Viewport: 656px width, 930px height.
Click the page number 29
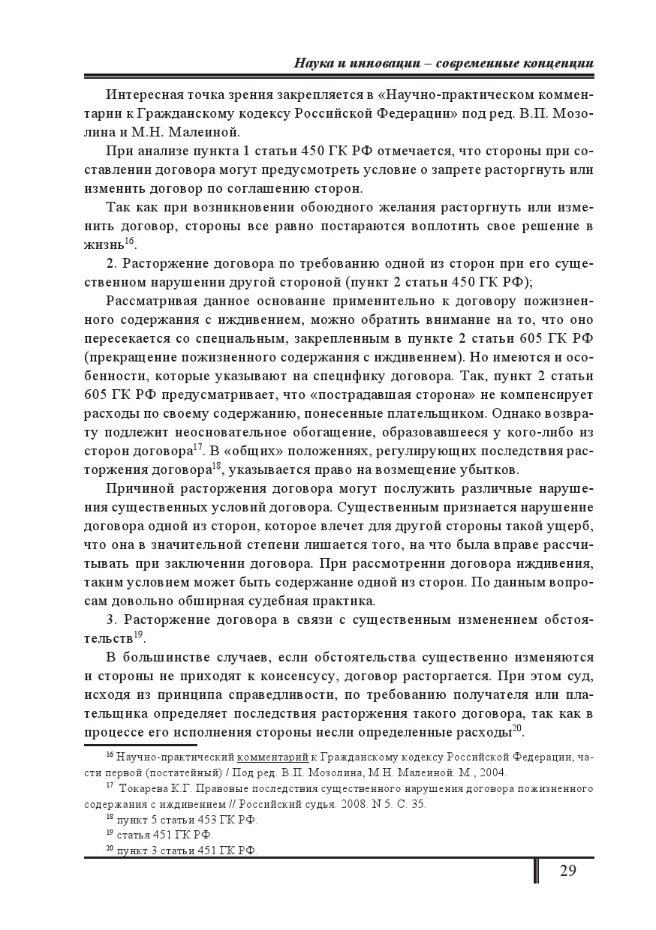coord(568,871)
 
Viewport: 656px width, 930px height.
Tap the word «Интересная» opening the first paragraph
coord(145,95)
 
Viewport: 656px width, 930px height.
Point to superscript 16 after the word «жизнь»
coord(129,241)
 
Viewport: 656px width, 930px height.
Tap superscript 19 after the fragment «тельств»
coord(138,636)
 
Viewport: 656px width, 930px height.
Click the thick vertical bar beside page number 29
coord(536,871)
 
